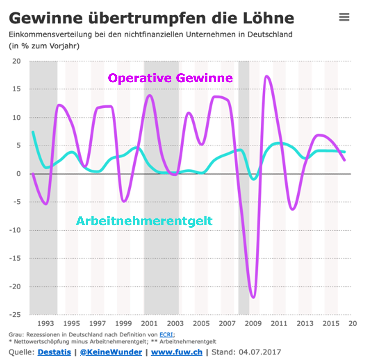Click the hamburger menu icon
[344, 17]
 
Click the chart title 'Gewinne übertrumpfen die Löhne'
[151, 18]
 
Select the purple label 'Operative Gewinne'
[170, 78]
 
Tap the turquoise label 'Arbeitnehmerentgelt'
[144, 221]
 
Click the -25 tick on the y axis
[15, 315]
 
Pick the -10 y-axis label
[15, 230]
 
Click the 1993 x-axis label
[46, 323]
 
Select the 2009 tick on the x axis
[253, 323]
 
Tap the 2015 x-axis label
[331, 323]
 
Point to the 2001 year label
[149, 323]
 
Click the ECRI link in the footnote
[166, 335]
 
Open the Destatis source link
[54, 352]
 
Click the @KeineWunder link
[111, 352]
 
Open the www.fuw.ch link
[177, 352]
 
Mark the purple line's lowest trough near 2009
[254, 297]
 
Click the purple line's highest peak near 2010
[267, 76]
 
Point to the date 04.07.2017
[260, 352]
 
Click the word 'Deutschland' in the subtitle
[270, 35]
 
